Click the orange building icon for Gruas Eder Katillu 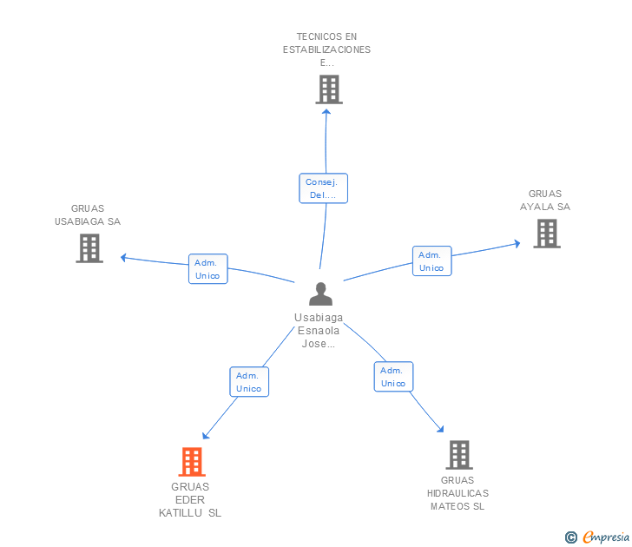click(x=192, y=462)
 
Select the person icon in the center click(x=321, y=293)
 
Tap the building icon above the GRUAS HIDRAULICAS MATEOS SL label click(x=459, y=455)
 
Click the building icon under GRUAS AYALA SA click(x=547, y=234)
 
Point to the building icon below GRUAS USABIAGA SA click(x=89, y=248)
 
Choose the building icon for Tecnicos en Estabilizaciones click(x=329, y=89)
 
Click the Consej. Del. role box click(x=323, y=188)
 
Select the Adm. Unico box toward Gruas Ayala click(x=432, y=260)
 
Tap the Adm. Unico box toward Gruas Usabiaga click(x=208, y=269)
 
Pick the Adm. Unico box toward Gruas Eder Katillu click(x=249, y=382)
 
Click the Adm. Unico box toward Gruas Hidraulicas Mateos click(x=393, y=377)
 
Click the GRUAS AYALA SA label click(x=545, y=201)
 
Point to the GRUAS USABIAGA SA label click(x=88, y=214)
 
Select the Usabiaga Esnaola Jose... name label click(x=319, y=331)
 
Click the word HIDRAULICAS click(x=458, y=493)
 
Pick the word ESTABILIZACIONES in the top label click(x=326, y=49)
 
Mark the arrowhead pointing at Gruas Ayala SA click(x=517, y=243)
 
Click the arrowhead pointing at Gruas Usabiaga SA click(x=124, y=258)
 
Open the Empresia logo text click(x=606, y=537)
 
